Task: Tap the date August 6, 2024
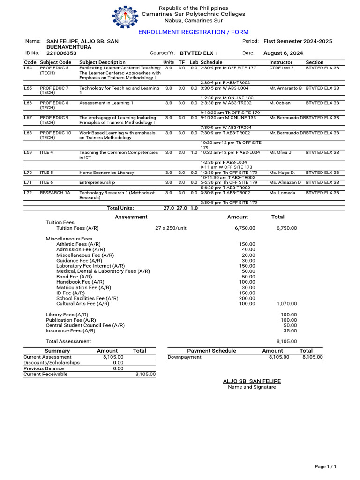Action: click(283, 53)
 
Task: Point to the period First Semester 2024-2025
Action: click(298, 41)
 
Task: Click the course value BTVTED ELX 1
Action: click(199, 53)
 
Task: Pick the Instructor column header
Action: click(281, 62)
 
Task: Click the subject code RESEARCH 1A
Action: click(55, 193)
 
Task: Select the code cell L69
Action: click(28, 152)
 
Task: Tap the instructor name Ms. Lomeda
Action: click(282, 193)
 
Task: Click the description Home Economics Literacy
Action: click(106, 172)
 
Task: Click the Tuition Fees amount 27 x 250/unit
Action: click(171, 228)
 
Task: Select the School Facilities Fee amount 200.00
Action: click(247, 298)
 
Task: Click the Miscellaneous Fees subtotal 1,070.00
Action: click(287, 304)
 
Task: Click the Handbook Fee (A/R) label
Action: click(80, 282)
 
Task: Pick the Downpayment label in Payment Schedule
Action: click(185, 357)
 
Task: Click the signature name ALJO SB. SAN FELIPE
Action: click(252, 382)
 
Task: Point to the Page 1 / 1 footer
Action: click(325, 467)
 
